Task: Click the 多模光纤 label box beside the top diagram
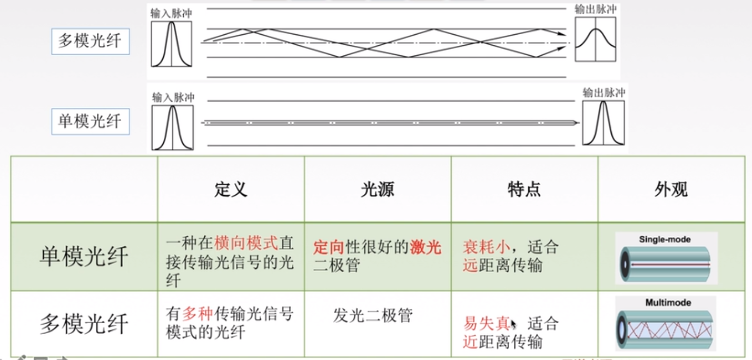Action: tap(90, 41)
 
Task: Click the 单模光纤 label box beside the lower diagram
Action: tap(90, 121)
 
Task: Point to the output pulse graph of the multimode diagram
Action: tap(596, 39)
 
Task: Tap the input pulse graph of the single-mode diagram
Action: tap(173, 127)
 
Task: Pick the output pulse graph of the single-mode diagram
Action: tap(603, 123)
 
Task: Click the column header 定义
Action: tap(231, 189)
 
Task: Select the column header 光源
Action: tap(377, 189)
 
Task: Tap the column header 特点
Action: tap(524, 189)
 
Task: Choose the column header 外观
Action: tap(671, 189)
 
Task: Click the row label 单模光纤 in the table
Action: tap(84, 257)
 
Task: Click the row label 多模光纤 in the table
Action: tap(84, 324)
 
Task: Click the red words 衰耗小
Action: tap(487, 247)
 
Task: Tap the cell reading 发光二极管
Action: tap(372, 315)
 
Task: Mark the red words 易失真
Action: tap(487, 323)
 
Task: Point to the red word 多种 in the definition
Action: tap(197, 315)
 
